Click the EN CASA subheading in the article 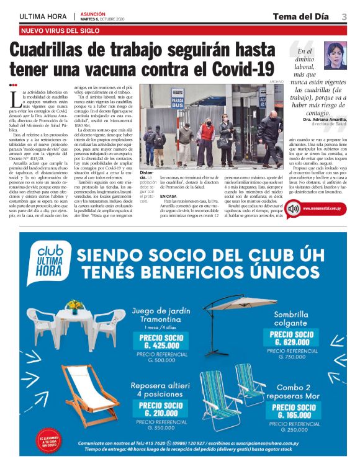pos(168,195)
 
